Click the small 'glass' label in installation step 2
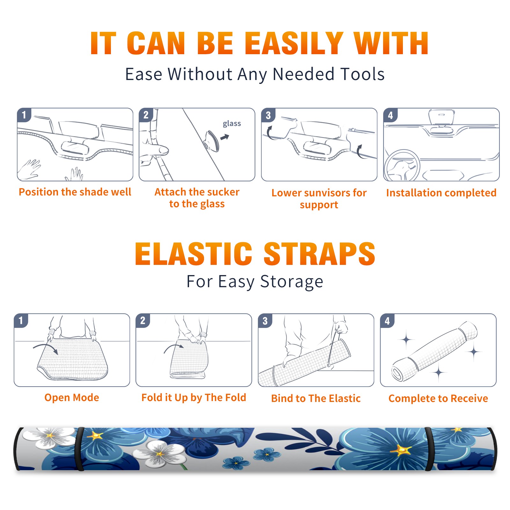[x=232, y=123]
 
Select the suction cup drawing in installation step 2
[x=212, y=141]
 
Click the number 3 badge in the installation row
[x=268, y=115]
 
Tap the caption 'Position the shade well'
[x=75, y=192]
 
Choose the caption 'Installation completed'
[x=441, y=193]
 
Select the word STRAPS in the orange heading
[x=319, y=254]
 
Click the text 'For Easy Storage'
[x=255, y=281]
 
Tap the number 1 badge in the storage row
[x=21, y=320]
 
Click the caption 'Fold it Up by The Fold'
[x=194, y=397]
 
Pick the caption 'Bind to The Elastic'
[x=316, y=398]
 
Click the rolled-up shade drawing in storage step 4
[x=434, y=351]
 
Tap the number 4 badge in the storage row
[x=387, y=320]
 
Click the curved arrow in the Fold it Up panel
[x=173, y=347]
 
